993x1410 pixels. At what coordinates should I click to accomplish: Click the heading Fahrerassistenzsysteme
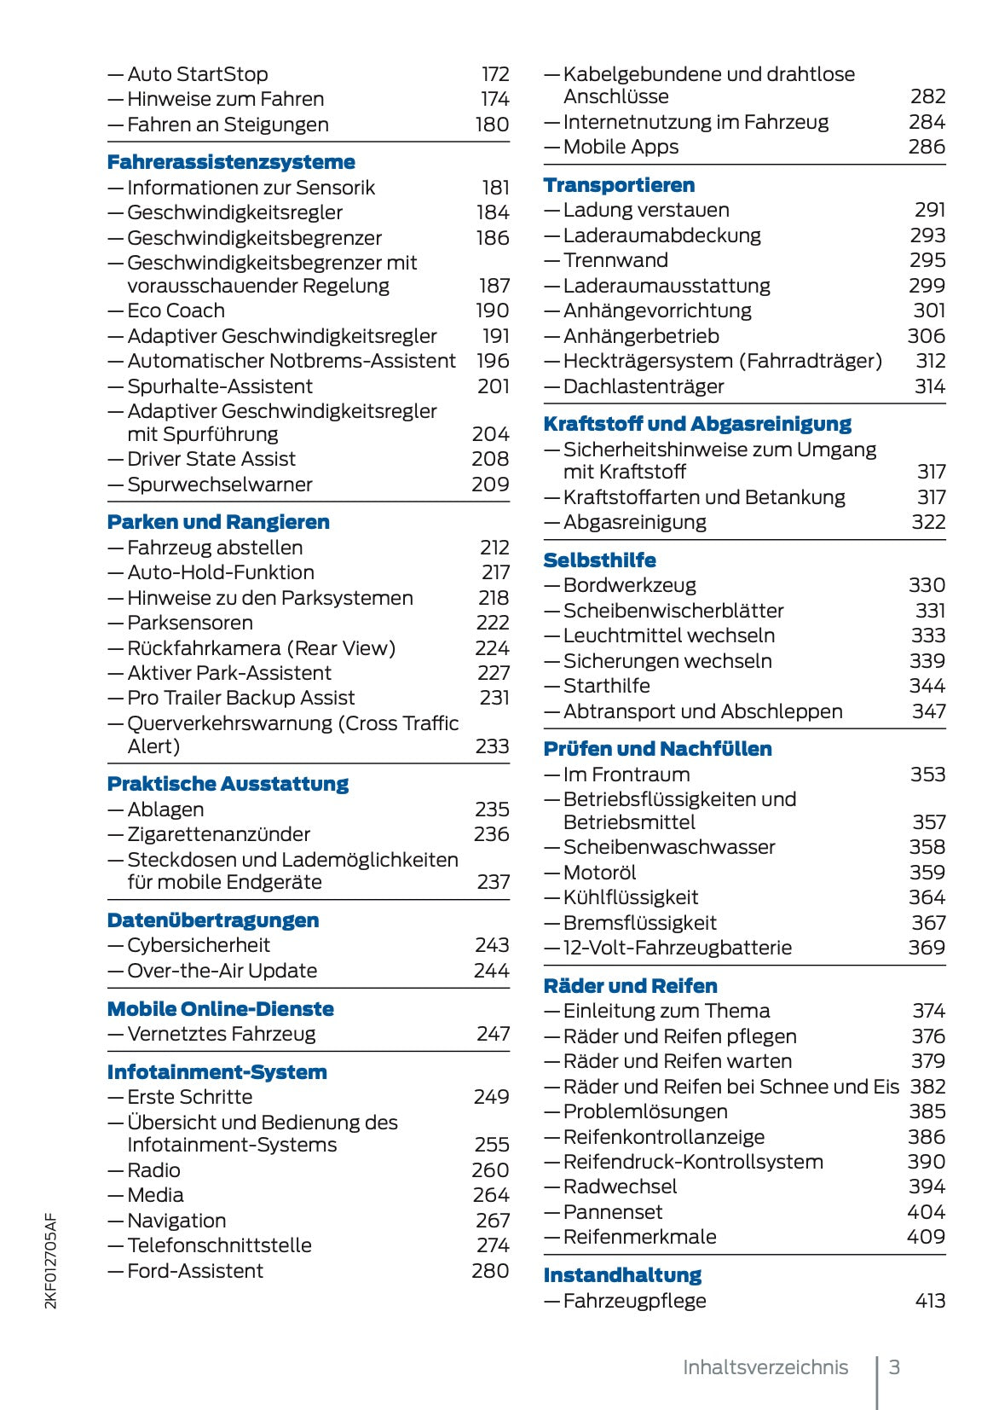click(x=231, y=162)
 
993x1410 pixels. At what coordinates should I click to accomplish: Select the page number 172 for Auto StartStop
click(x=495, y=74)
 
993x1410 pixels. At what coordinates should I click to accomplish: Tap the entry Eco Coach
click(x=176, y=310)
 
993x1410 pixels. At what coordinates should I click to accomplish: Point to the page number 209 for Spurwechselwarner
click(x=490, y=485)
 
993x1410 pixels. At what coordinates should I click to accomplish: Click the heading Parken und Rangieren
click(x=218, y=522)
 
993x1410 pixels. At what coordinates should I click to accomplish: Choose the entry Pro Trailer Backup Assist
click(x=240, y=698)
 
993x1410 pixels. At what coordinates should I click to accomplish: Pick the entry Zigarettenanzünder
click(x=218, y=834)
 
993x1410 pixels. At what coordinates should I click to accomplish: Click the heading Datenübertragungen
click(x=213, y=920)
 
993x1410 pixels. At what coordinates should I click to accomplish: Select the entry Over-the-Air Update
click(x=222, y=971)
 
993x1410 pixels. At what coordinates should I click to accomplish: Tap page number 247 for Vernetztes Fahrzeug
click(x=493, y=1034)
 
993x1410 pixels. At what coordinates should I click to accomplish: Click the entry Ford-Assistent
click(x=195, y=1271)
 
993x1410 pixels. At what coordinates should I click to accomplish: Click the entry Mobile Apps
click(x=621, y=147)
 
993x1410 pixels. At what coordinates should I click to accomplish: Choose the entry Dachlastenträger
click(x=644, y=386)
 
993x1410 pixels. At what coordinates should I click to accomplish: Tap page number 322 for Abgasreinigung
click(x=928, y=522)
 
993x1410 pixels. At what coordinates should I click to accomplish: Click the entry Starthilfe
click(x=606, y=686)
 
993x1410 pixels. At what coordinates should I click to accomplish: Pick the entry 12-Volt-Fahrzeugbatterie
click(x=677, y=948)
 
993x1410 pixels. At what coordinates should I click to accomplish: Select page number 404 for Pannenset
click(x=926, y=1212)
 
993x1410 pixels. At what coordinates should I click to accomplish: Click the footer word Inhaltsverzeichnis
click(x=765, y=1367)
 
